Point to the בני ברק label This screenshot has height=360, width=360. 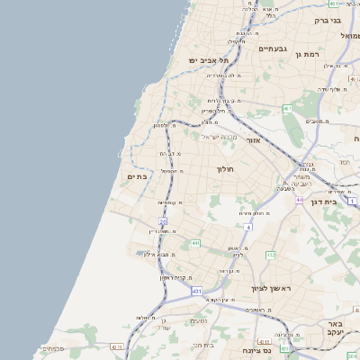coord(328,19)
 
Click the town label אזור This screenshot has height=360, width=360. coord(253,140)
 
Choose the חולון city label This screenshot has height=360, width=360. coord(224,168)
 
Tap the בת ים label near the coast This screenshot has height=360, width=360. coord(135,177)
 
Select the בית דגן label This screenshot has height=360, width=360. coord(336,202)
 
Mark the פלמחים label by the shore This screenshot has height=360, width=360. coord(51,348)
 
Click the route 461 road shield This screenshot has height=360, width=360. coord(287,108)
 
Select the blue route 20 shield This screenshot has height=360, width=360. coord(163,220)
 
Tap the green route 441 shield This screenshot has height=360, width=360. coord(194,243)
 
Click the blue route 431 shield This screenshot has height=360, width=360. coord(196,292)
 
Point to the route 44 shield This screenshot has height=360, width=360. coord(299,200)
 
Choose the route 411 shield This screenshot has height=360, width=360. coord(115,346)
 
